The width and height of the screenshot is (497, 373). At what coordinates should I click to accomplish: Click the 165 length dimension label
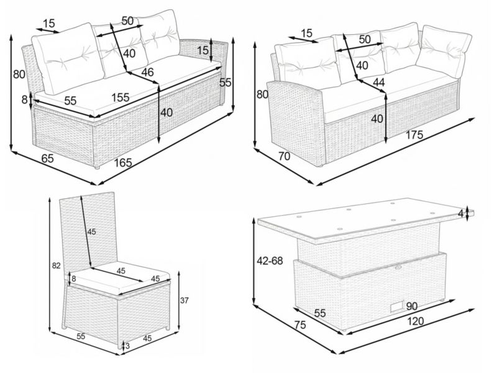[123, 163]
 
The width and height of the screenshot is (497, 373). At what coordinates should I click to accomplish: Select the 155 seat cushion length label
[120, 98]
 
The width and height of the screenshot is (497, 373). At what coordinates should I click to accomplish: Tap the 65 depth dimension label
[48, 158]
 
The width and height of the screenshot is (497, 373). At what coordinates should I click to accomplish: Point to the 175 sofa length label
[414, 135]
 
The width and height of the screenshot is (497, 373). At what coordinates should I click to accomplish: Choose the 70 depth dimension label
[285, 156]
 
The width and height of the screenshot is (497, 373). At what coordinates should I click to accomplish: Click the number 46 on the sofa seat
[147, 72]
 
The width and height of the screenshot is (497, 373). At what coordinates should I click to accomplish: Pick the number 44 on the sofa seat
[379, 83]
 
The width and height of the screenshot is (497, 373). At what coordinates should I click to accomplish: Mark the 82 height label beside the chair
[56, 266]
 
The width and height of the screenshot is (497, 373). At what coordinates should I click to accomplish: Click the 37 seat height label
[184, 300]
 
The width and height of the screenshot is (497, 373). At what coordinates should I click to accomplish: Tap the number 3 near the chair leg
[127, 346]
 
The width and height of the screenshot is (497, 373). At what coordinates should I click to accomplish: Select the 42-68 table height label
[270, 260]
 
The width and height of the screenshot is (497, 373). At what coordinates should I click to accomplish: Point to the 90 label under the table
[412, 306]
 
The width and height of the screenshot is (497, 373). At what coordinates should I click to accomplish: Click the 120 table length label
[415, 321]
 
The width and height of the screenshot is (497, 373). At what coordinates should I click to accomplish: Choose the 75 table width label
[300, 325]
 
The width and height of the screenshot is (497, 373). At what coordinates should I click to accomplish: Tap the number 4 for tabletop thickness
[460, 213]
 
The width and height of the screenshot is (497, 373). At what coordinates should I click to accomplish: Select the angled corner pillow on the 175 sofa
[444, 52]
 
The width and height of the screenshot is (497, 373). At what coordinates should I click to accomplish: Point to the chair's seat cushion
[120, 278]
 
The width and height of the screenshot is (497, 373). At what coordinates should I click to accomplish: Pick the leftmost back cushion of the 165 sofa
[68, 58]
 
